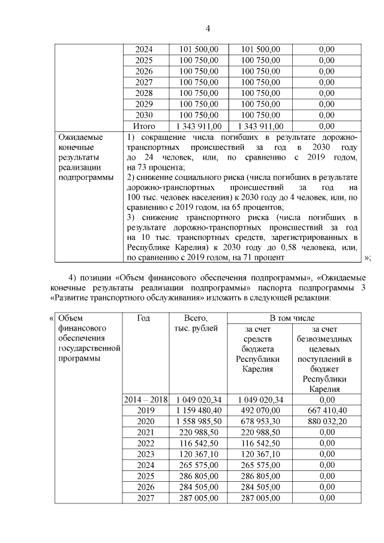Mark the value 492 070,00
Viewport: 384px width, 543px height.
(x=261, y=410)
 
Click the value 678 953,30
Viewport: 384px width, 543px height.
(x=261, y=421)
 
